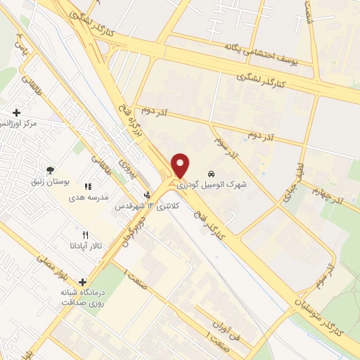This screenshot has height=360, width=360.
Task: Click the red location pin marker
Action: coord(181,165)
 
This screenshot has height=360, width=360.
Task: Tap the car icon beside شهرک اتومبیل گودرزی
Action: coord(210,174)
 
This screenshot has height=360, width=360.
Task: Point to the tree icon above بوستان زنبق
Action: coord(50,169)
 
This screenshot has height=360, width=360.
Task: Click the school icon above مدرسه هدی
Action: coord(88,186)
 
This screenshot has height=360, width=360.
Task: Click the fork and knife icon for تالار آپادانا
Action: coord(86,235)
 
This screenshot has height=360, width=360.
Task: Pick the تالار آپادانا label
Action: coord(67,245)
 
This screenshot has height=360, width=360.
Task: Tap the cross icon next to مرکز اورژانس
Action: coord(16,112)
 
